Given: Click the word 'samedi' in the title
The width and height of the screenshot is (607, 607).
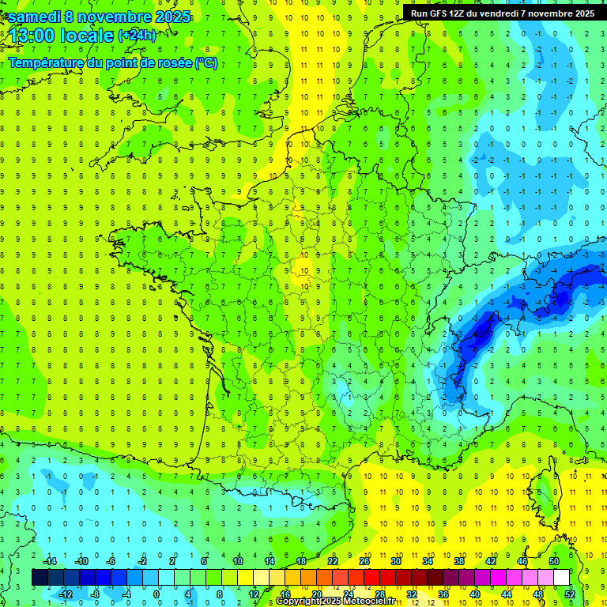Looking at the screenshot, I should click(x=35, y=17).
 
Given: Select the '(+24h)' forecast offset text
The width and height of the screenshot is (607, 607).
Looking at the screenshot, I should click(x=137, y=35).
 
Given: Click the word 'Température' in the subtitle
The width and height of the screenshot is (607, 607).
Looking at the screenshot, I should click(x=48, y=62).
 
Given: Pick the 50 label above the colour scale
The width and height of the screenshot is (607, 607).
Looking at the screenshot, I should click(x=554, y=561).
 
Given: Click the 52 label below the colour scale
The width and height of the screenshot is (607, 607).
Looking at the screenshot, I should click(x=570, y=594).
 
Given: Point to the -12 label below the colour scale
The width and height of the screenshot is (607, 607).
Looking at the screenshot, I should click(x=66, y=594).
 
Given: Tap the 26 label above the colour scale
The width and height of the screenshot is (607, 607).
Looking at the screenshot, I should click(x=364, y=561).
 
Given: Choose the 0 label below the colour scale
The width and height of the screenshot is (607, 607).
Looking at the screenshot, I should click(x=156, y=594).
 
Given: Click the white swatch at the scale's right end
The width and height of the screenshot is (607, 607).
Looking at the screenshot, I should click(x=561, y=577).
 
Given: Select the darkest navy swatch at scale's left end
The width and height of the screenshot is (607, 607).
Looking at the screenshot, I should click(x=40, y=577).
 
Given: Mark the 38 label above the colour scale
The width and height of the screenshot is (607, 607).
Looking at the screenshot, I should click(x=459, y=561).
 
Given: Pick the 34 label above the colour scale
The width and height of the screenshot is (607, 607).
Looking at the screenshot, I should click(x=428, y=561).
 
